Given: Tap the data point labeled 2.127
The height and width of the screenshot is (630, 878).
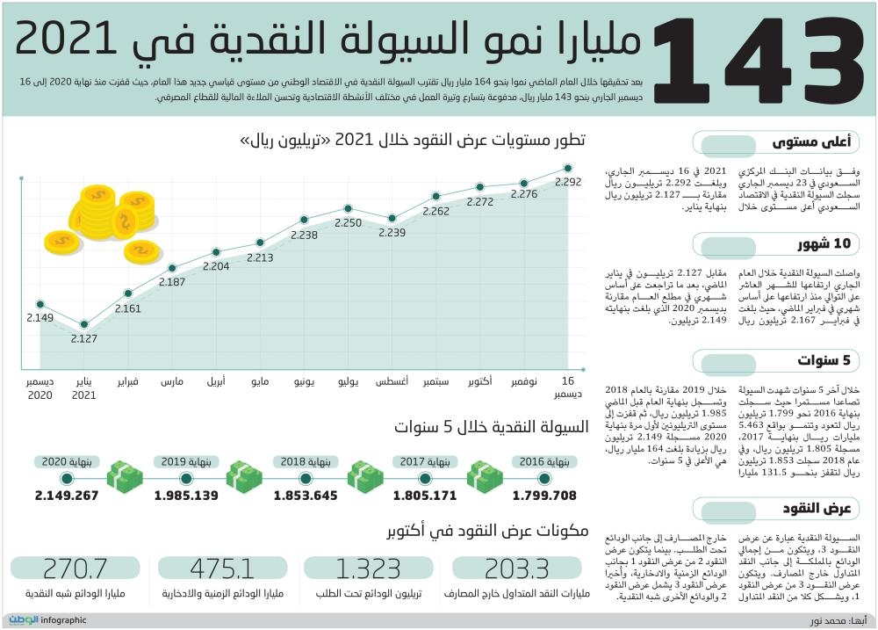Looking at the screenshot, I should tap(84, 325).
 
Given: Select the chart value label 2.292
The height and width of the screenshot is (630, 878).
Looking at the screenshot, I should tap(568, 182).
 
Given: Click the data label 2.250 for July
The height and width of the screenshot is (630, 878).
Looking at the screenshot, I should tap(348, 223).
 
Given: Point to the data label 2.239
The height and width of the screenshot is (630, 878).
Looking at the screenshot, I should tap(392, 233).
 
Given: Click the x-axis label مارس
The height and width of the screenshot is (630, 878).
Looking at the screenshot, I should tap(172, 383).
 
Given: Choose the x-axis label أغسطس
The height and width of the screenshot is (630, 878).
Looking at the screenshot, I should tap(392, 383).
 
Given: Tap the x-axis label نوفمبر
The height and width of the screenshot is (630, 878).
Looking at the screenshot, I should tap(523, 383).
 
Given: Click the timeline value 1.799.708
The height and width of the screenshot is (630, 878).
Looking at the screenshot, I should tap(545, 496).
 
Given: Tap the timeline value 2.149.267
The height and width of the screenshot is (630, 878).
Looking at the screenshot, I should tap(67, 496).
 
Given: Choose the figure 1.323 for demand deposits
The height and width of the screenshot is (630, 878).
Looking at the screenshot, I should tap(369, 568).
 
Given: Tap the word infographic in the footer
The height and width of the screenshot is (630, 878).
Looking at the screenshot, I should tap(64, 620).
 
